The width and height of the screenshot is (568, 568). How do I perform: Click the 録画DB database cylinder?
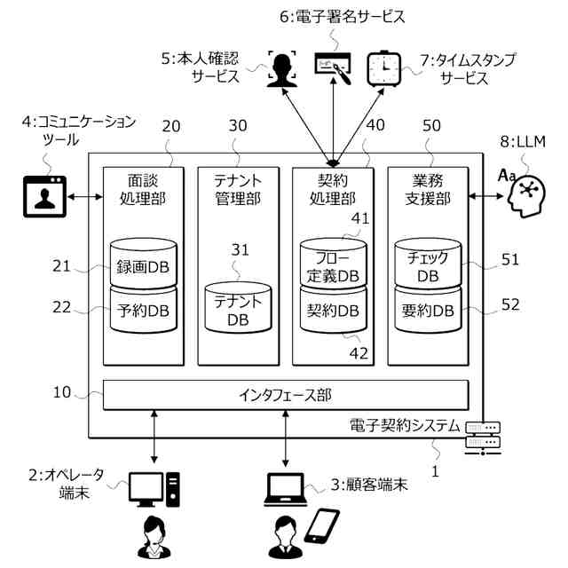(x=144, y=263)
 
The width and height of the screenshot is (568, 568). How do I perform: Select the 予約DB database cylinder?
(x=144, y=310)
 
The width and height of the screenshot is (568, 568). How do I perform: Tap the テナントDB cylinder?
(x=238, y=308)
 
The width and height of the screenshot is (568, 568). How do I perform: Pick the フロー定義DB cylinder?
(x=334, y=263)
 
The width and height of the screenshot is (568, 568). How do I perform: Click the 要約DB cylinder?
(x=428, y=310)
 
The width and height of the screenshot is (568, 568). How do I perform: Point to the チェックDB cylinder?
(x=428, y=263)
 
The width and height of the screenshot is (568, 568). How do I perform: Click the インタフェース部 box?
(x=286, y=395)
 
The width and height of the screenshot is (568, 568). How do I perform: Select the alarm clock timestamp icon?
(x=384, y=69)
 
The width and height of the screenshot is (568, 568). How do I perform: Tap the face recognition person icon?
(x=282, y=69)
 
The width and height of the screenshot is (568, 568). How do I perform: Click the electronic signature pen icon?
(x=333, y=68)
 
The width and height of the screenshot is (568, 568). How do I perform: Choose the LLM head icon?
(x=524, y=193)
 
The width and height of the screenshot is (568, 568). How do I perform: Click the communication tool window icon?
(x=45, y=197)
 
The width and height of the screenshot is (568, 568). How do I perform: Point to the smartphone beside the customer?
(x=321, y=526)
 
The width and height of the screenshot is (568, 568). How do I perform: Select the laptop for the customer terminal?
(x=286, y=489)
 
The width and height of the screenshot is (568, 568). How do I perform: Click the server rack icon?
(x=483, y=438)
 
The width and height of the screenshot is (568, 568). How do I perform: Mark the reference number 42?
(x=359, y=353)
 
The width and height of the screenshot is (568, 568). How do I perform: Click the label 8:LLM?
(x=523, y=142)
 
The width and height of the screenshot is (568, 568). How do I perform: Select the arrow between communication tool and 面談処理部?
(x=85, y=197)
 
